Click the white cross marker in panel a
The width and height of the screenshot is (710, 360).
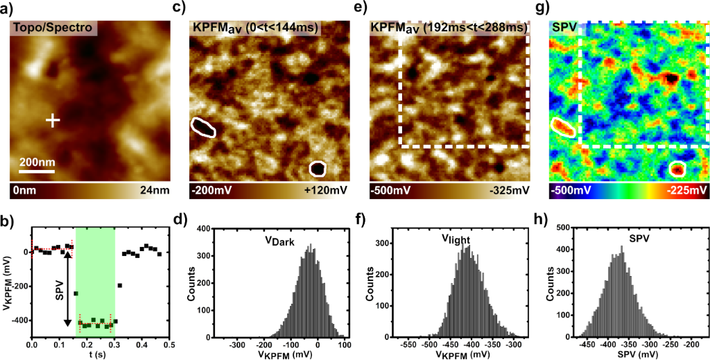point(53,121)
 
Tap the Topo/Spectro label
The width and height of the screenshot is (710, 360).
point(53,28)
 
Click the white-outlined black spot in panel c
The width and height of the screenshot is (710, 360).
point(318,169)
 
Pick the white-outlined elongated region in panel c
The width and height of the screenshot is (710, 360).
point(203,126)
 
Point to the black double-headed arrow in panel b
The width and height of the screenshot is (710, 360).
point(68,287)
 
